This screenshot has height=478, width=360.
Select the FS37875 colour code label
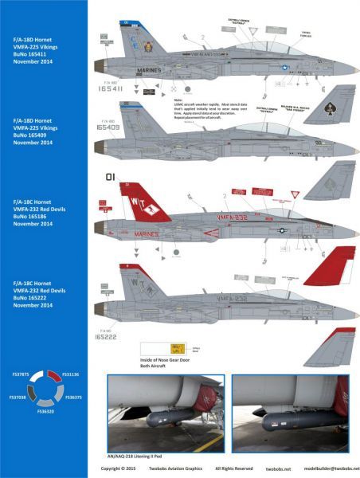[19, 374]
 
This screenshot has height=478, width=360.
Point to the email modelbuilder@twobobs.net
[334, 470]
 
